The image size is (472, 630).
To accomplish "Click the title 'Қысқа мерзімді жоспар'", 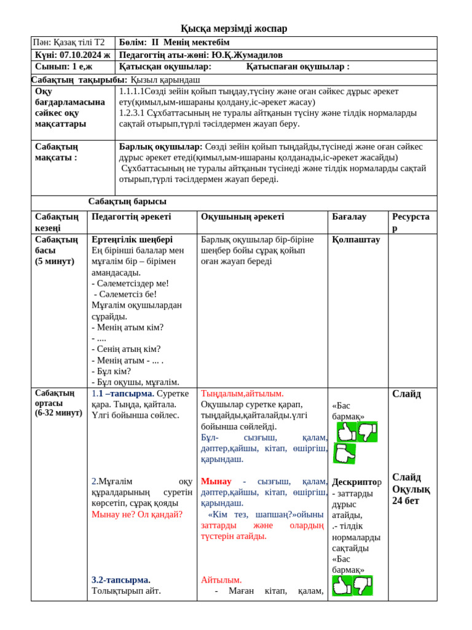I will click(x=234, y=28).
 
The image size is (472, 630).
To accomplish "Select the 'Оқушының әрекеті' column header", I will click(x=242, y=217).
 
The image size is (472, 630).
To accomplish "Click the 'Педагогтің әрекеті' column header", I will click(x=131, y=217).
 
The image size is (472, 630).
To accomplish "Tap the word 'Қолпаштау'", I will click(x=356, y=239).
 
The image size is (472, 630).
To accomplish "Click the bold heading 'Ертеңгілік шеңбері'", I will click(x=132, y=239).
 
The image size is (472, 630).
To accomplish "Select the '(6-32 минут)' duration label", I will click(x=58, y=413).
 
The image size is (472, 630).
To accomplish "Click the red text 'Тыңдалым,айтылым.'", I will click(x=242, y=393).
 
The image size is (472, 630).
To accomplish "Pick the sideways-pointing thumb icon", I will click(x=344, y=453).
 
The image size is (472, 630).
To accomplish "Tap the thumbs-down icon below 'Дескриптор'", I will click(x=363, y=585).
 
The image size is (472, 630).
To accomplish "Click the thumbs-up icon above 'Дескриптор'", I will click(x=346, y=432).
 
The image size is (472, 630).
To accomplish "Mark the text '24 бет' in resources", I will click(x=406, y=500).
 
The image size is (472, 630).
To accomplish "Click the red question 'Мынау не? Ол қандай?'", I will click(x=137, y=514).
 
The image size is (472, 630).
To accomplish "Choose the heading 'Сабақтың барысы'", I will click(x=127, y=201).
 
